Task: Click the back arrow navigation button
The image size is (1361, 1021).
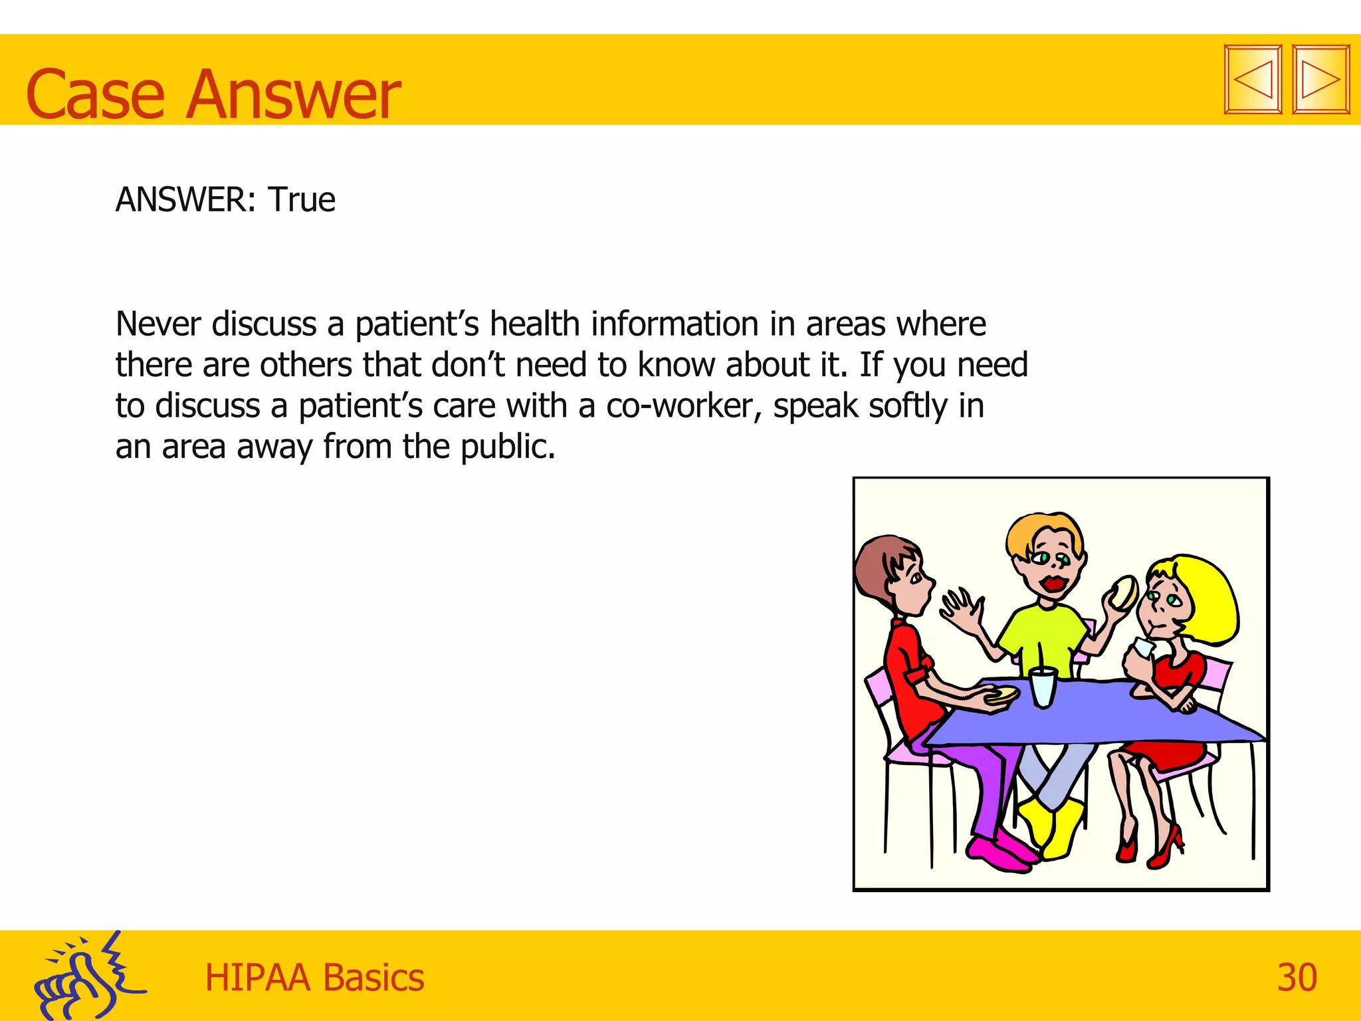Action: [1253, 80]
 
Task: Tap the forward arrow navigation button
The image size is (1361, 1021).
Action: [1320, 80]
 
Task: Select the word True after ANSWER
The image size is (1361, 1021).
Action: [302, 199]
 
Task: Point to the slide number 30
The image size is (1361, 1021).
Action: [1297, 978]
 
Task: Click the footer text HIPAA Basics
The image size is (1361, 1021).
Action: [314, 978]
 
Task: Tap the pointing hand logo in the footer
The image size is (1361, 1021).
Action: [86, 977]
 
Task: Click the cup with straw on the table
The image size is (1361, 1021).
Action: [1042, 687]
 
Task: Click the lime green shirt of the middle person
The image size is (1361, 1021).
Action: [1042, 635]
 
